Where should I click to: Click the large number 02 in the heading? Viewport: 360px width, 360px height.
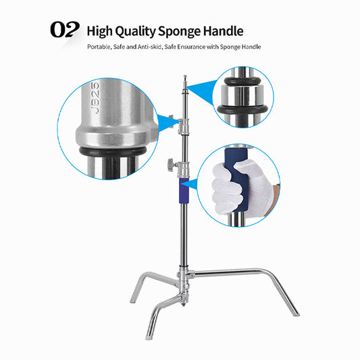pos(65,29)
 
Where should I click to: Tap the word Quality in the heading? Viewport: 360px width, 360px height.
pos(135,32)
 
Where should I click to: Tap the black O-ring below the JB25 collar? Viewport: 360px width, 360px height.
pos(113,151)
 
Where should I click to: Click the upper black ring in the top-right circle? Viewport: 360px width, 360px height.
pos(242,81)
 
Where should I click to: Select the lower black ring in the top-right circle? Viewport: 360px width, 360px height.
pos(242,109)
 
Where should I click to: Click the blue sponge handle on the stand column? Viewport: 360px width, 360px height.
pos(184,190)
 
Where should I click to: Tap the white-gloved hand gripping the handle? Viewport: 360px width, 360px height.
pos(241,187)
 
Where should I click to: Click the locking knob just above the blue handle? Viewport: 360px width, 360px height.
pos(171,164)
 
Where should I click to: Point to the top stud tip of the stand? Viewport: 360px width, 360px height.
pos(184,76)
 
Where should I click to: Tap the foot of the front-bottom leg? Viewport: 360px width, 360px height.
pos(148,338)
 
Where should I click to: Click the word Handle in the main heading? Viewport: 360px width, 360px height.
pos(223,31)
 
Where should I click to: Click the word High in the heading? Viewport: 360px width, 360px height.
pos(100,32)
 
